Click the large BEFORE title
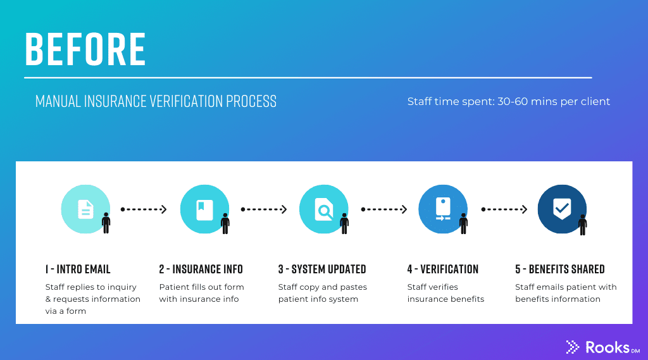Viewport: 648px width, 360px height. [x=85, y=49]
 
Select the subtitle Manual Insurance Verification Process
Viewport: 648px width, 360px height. [x=156, y=101]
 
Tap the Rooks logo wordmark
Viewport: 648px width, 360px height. [x=613, y=347]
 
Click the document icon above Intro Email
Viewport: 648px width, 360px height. [x=85, y=209]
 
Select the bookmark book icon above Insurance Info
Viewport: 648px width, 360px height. [x=204, y=209]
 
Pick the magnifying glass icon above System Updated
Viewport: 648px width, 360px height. [x=323, y=209]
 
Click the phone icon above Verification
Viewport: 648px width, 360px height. [x=442, y=209]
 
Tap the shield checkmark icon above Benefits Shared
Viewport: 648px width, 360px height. [x=562, y=209]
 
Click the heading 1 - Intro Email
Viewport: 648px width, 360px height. [x=78, y=270]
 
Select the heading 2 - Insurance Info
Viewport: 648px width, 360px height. [x=201, y=270]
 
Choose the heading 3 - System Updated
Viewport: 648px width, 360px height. [x=322, y=270]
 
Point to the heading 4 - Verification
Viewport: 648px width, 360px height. [x=442, y=270]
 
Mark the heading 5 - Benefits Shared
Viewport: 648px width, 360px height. [x=559, y=270]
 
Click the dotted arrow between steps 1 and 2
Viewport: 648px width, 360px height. [x=144, y=209]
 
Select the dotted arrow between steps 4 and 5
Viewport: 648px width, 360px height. [x=504, y=209]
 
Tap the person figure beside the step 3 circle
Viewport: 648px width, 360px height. [x=344, y=223]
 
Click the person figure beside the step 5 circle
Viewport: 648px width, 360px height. [x=583, y=225]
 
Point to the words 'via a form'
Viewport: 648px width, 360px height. [x=66, y=311]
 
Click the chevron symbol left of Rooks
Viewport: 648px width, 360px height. [x=572, y=347]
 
